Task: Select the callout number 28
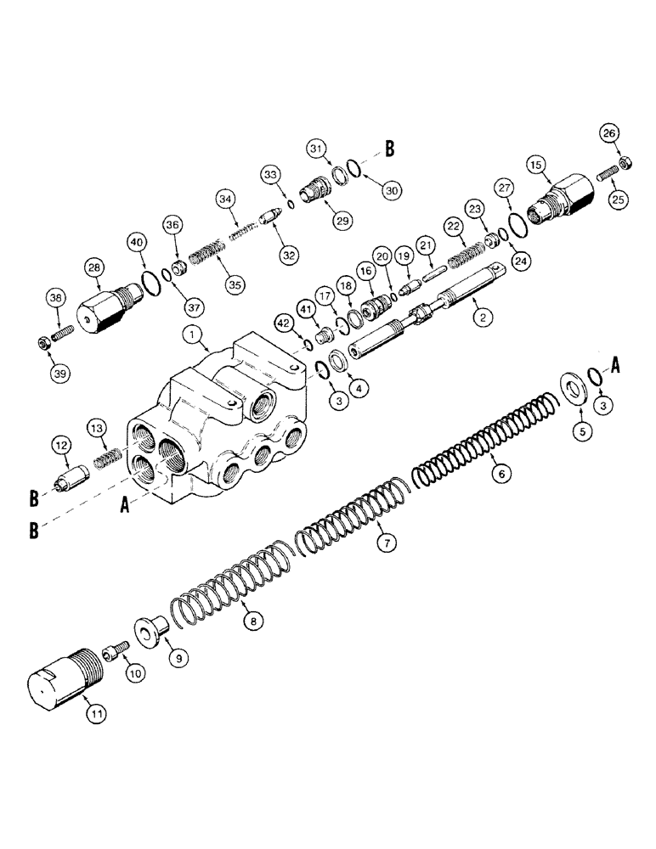(93, 268)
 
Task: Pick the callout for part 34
(225, 200)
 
